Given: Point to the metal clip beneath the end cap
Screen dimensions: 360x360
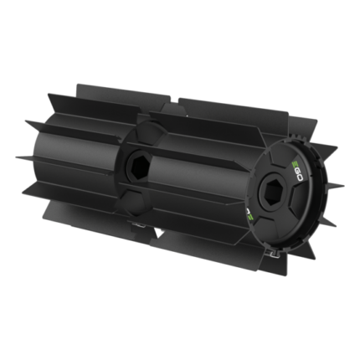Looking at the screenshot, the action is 274,253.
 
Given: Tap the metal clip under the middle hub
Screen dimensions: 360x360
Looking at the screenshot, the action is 136,224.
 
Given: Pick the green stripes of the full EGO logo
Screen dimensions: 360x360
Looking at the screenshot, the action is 295,165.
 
